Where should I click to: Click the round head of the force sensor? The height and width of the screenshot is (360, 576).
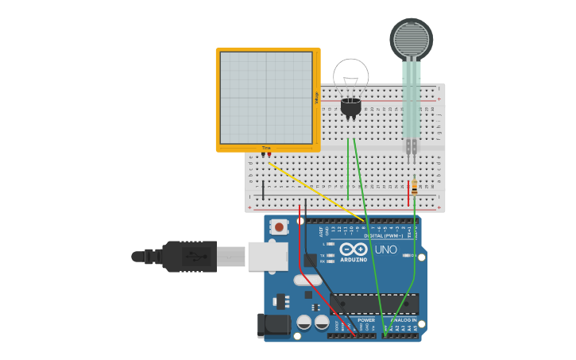click(x=411, y=38)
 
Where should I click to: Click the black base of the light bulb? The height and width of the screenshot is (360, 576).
click(x=350, y=107)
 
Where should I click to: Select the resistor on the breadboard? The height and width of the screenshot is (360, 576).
click(x=414, y=188)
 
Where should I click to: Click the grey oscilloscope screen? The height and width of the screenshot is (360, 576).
click(x=266, y=98)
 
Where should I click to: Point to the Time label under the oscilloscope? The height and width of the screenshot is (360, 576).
click(x=266, y=148)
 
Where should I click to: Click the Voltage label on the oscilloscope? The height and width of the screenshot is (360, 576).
click(x=316, y=98)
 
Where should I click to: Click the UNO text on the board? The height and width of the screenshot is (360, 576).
click(x=385, y=250)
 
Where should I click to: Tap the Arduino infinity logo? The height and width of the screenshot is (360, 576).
click(x=354, y=249)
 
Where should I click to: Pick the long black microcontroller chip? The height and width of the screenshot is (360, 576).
click(x=373, y=304)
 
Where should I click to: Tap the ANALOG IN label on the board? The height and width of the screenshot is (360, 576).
click(x=404, y=320)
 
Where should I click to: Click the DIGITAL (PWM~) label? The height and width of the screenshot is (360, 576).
click(x=378, y=235)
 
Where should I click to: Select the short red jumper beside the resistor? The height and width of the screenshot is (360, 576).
click(x=408, y=193)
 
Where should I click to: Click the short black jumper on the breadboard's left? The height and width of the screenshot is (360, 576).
click(x=264, y=190)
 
